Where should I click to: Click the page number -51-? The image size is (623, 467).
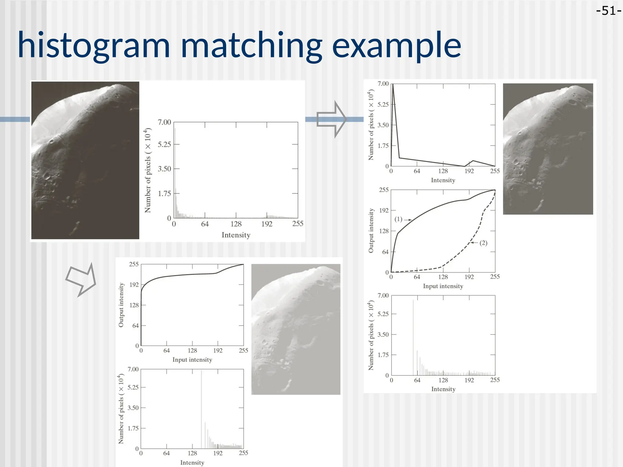click(x=608, y=11)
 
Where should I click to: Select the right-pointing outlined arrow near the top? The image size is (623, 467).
click(x=331, y=119)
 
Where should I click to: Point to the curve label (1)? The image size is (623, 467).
click(x=399, y=219)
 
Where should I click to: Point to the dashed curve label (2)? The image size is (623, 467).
click(x=483, y=243)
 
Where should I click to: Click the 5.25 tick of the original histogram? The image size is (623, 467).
click(x=164, y=144)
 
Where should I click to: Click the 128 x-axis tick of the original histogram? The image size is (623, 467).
click(x=236, y=224)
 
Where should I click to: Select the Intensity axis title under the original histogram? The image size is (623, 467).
click(x=236, y=235)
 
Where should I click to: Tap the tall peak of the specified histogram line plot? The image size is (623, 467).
click(x=393, y=87)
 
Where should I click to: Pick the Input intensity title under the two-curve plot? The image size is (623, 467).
click(x=443, y=286)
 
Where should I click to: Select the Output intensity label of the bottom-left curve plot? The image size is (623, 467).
click(x=121, y=305)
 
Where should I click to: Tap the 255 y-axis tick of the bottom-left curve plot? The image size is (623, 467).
click(x=134, y=264)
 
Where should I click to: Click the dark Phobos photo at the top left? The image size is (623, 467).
click(x=85, y=160)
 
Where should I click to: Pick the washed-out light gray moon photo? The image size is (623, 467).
click(x=296, y=329)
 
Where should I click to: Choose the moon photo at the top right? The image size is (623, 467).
click(x=548, y=149)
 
